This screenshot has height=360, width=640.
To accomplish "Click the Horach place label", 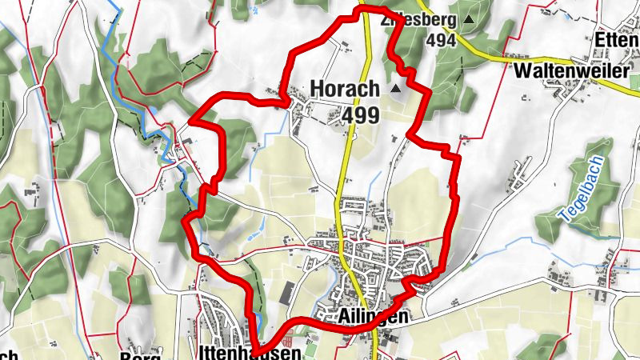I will [344, 89].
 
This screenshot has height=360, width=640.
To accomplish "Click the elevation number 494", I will [441, 39].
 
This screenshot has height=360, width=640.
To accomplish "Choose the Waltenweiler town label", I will [570, 70].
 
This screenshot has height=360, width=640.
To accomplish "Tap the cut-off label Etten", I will [617, 38].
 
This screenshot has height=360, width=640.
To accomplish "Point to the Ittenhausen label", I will [250, 353].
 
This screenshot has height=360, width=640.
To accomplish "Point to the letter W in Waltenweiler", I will [523, 70].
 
